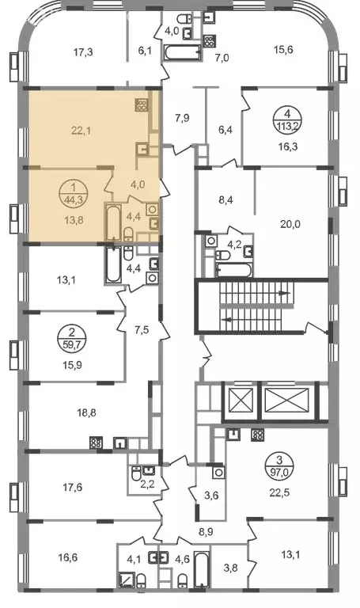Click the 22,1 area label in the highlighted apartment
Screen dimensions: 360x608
81,131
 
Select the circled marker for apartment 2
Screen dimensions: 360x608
72,338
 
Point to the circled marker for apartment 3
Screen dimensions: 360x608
280,465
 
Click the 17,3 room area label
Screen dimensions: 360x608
83,52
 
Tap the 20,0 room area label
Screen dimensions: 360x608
290,224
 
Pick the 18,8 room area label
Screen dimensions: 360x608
86,413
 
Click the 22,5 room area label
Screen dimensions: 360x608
280,493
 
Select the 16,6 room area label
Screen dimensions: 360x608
68,557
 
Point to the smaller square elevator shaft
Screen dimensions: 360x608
241,401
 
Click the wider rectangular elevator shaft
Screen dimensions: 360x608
289,401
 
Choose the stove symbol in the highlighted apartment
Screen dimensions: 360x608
141,105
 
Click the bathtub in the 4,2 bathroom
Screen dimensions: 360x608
234,271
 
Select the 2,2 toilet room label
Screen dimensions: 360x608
149,483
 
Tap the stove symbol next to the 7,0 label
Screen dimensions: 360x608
209,41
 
